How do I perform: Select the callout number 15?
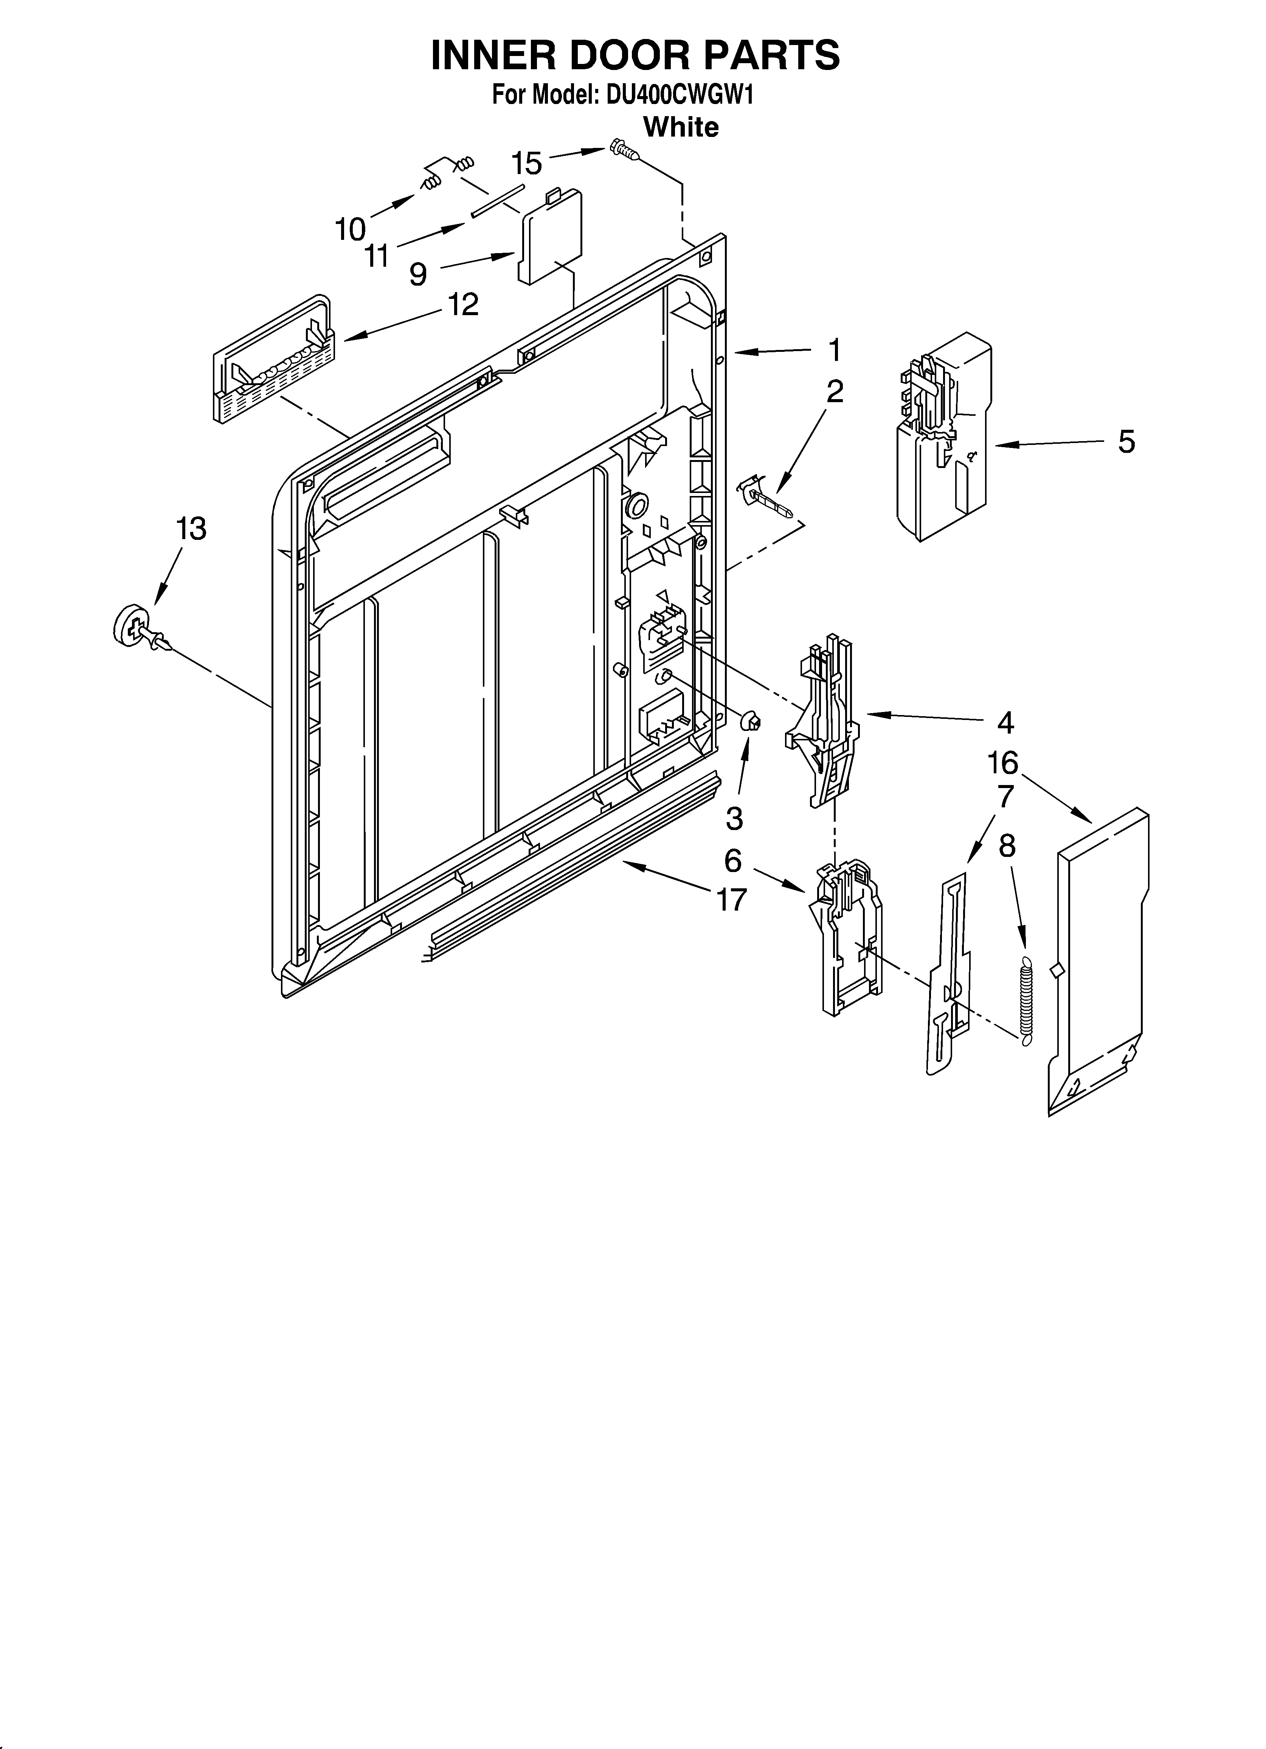click(x=527, y=163)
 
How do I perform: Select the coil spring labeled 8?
click(x=1025, y=1000)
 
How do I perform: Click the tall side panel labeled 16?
click(x=1099, y=964)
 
